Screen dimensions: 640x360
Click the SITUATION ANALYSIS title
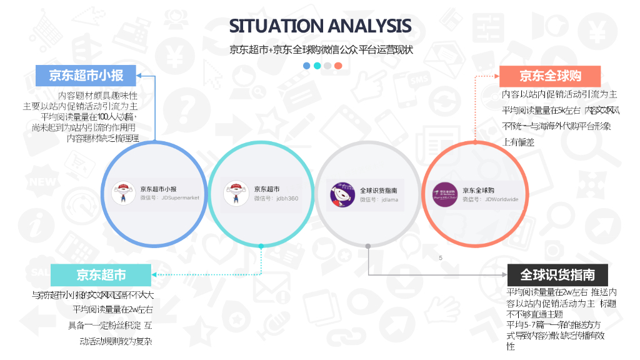point(320,26)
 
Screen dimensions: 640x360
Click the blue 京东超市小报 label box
point(86,76)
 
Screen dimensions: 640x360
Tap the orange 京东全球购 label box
point(550,76)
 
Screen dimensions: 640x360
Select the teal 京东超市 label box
point(101,275)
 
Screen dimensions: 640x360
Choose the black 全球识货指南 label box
point(557,274)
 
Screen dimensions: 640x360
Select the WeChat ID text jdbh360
point(287,198)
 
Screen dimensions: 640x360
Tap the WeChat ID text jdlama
point(389,199)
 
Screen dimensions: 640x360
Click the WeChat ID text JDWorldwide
point(501,199)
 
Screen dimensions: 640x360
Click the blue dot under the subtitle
point(306,66)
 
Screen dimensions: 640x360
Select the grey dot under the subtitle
point(327,66)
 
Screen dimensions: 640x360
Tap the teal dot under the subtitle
point(317,66)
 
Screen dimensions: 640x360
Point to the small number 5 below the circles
point(441,258)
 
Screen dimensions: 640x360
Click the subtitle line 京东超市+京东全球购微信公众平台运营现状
point(321,49)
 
